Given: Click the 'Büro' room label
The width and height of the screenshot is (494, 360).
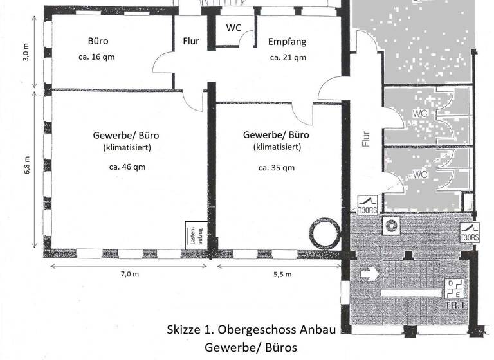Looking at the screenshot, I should (x=98, y=41).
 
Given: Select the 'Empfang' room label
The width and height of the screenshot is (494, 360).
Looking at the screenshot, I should (x=287, y=42).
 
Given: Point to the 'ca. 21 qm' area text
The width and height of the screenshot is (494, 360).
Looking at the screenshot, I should (x=288, y=57).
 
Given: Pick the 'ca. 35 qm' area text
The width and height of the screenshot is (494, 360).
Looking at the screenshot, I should (x=277, y=168).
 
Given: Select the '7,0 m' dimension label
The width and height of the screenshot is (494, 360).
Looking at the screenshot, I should (x=129, y=274).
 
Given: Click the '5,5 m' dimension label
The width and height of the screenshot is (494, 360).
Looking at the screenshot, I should (x=282, y=274).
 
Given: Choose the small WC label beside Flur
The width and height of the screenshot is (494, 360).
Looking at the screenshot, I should (x=233, y=28).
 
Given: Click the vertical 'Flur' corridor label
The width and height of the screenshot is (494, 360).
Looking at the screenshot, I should (x=366, y=139).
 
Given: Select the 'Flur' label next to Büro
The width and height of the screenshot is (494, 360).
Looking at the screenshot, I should (x=191, y=42).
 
